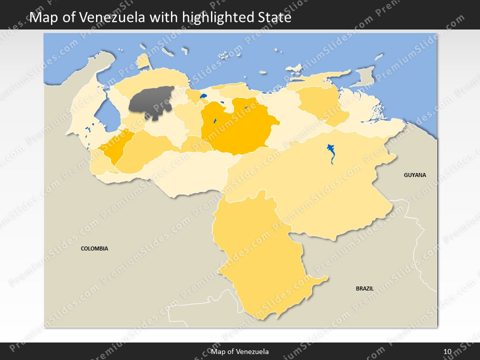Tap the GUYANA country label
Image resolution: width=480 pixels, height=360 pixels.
(x=415, y=175)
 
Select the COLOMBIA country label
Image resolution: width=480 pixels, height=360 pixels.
(x=94, y=248)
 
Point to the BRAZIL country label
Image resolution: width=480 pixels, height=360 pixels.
(x=364, y=288)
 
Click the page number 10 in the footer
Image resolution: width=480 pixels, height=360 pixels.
(x=447, y=351)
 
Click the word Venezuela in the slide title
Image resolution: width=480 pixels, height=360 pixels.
(x=111, y=18)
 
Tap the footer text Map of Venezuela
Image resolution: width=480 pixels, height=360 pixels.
(x=240, y=351)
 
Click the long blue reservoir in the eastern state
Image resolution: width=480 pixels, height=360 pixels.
(x=331, y=153)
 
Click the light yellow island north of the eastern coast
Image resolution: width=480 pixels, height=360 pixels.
(x=294, y=67)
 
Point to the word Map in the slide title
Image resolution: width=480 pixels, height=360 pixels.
(x=42, y=18)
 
